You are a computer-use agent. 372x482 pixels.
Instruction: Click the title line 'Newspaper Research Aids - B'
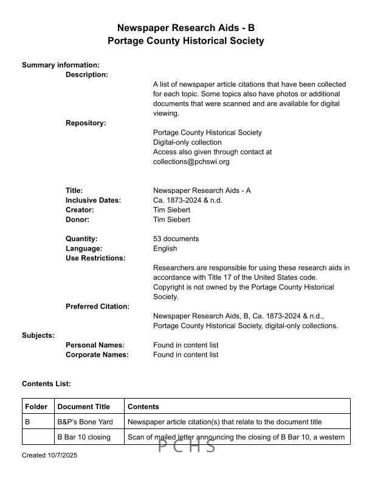[x=185, y=28]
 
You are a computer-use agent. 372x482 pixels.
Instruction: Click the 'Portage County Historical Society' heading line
[x=185, y=41]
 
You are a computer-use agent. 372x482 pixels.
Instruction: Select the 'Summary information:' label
[x=61, y=65]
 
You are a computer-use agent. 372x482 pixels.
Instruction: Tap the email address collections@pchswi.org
[x=191, y=162]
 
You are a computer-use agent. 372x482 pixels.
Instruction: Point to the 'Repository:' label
[x=86, y=123]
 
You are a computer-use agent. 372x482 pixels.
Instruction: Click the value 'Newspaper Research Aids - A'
[x=202, y=190]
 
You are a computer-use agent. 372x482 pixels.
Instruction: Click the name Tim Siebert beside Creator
[x=171, y=210]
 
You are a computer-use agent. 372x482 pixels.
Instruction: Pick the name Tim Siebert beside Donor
[x=171, y=220]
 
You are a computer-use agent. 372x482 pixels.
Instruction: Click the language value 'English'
[x=165, y=248]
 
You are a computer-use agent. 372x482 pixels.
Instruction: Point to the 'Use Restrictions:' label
[x=95, y=258]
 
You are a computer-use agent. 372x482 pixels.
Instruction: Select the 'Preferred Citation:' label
[x=97, y=306]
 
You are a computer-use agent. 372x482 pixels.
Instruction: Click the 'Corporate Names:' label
[x=97, y=355]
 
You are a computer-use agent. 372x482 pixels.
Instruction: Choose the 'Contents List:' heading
[x=46, y=384]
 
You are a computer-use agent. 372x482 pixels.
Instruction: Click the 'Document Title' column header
[x=84, y=407]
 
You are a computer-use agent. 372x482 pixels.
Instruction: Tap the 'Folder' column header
[x=36, y=407]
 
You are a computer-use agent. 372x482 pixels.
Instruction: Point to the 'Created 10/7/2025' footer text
[x=50, y=455]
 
